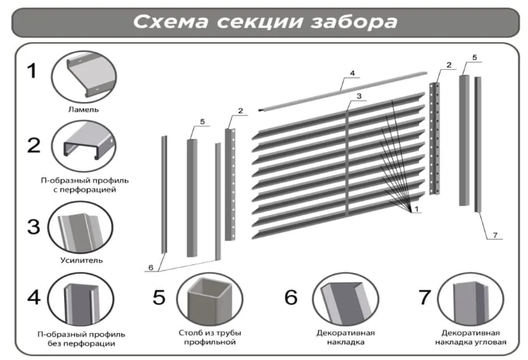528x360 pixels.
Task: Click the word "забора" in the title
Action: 354,22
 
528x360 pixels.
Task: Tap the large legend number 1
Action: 32,71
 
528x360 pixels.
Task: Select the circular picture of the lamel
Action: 84,77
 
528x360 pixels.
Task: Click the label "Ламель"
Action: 83,110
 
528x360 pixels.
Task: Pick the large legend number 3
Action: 33,226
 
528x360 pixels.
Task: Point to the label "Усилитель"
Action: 81,260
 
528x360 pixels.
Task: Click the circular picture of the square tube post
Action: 209,299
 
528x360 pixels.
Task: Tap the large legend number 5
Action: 159,297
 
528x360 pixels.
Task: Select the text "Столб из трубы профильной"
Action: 209,337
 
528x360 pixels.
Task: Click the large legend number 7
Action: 424,297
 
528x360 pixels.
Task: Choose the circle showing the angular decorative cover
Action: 470,299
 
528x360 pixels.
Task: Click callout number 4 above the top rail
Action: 352,73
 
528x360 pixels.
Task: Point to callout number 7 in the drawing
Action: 495,235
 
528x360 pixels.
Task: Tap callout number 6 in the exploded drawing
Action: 151,267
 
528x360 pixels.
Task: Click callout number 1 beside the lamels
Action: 416,209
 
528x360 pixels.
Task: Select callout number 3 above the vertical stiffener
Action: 359,96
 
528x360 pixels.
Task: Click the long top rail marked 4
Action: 343,91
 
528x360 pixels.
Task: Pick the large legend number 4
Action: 34,297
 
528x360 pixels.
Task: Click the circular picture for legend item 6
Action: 346,299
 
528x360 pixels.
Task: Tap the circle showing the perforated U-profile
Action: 84,146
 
